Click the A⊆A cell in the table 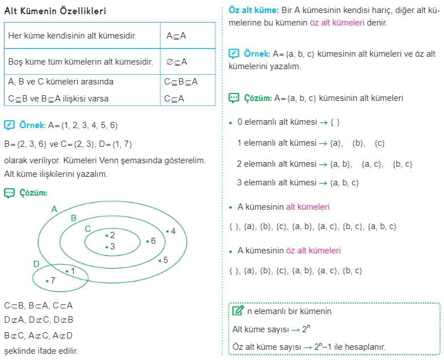[176, 36]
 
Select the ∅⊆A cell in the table [176, 62]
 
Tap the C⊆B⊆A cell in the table [181, 82]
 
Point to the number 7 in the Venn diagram [53, 280]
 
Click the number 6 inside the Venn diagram [153, 241]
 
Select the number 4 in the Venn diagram [173, 231]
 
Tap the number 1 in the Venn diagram [73, 271]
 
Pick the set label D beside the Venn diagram [36, 264]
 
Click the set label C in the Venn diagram [87, 228]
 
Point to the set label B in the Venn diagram [73, 218]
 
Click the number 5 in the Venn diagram [165, 260]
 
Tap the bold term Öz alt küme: [253, 11]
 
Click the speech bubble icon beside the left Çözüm [9, 193]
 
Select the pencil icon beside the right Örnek [234, 54]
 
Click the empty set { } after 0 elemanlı [335, 122]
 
